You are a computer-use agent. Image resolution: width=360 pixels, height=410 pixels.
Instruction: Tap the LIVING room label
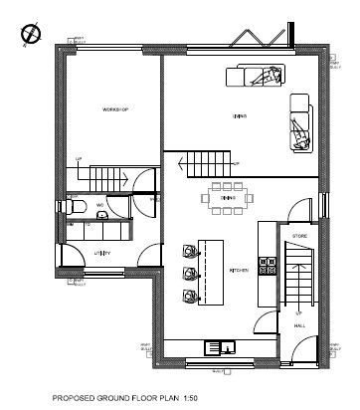pos(240,116)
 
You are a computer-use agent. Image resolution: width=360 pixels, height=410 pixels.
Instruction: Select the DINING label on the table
pos(228,197)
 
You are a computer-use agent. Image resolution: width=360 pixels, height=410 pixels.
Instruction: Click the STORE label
pos(299,235)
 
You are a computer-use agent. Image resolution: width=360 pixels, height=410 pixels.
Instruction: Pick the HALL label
pos(299,325)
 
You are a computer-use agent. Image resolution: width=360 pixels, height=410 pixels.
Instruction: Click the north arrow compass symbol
pos(27,35)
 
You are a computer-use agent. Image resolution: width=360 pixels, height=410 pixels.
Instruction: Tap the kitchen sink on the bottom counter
pos(220,347)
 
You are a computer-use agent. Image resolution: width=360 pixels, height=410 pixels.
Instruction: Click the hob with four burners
pos(267,265)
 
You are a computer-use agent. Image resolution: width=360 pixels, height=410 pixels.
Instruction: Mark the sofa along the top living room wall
pos(257,75)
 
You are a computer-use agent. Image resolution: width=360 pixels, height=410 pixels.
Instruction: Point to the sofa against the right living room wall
pos(301,123)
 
